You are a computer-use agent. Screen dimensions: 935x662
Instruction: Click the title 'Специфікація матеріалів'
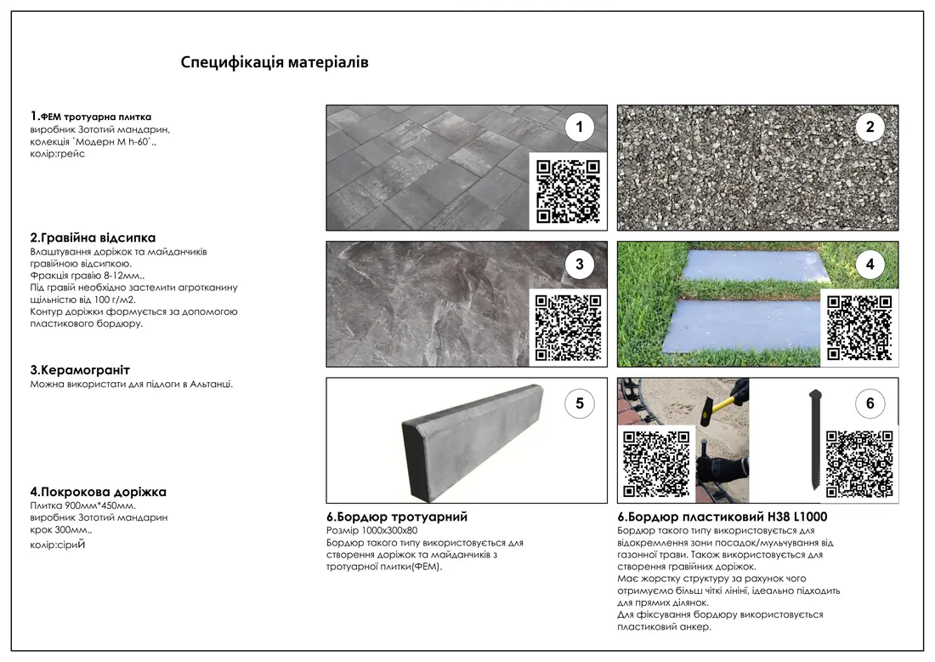click(275, 62)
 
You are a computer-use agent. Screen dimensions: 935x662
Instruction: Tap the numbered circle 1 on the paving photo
click(579, 127)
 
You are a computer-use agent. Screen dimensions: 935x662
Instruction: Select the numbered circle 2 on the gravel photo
click(870, 127)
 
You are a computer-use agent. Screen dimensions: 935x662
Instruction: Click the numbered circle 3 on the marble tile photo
click(579, 265)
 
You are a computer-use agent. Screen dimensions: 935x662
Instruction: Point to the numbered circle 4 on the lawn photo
click(870, 265)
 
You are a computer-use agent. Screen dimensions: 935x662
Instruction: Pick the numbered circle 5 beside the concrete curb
click(579, 404)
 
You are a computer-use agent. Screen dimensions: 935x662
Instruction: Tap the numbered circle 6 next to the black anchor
click(870, 404)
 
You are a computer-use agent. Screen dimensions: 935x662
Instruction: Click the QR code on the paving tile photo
click(568, 191)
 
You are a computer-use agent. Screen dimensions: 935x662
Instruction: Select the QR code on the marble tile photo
click(568, 328)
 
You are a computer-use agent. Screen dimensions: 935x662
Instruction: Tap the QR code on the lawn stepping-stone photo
click(859, 328)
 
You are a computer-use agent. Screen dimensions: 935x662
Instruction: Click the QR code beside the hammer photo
click(656, 465)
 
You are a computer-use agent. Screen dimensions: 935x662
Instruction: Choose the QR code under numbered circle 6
click(859, 465)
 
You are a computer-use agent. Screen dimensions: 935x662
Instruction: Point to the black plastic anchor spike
click(816, 440)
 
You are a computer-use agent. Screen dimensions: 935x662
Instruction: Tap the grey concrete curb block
click(473, 442)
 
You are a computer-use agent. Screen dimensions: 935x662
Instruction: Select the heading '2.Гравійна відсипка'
click(93, 237)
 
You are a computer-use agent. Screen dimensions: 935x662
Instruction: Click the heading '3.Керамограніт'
click(80, 370)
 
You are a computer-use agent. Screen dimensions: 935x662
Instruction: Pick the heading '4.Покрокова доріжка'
click(99, 492)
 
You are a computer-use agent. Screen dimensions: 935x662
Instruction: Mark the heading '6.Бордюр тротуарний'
click(397, 517)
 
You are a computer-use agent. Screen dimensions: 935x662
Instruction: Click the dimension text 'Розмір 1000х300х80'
click(372, 531)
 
